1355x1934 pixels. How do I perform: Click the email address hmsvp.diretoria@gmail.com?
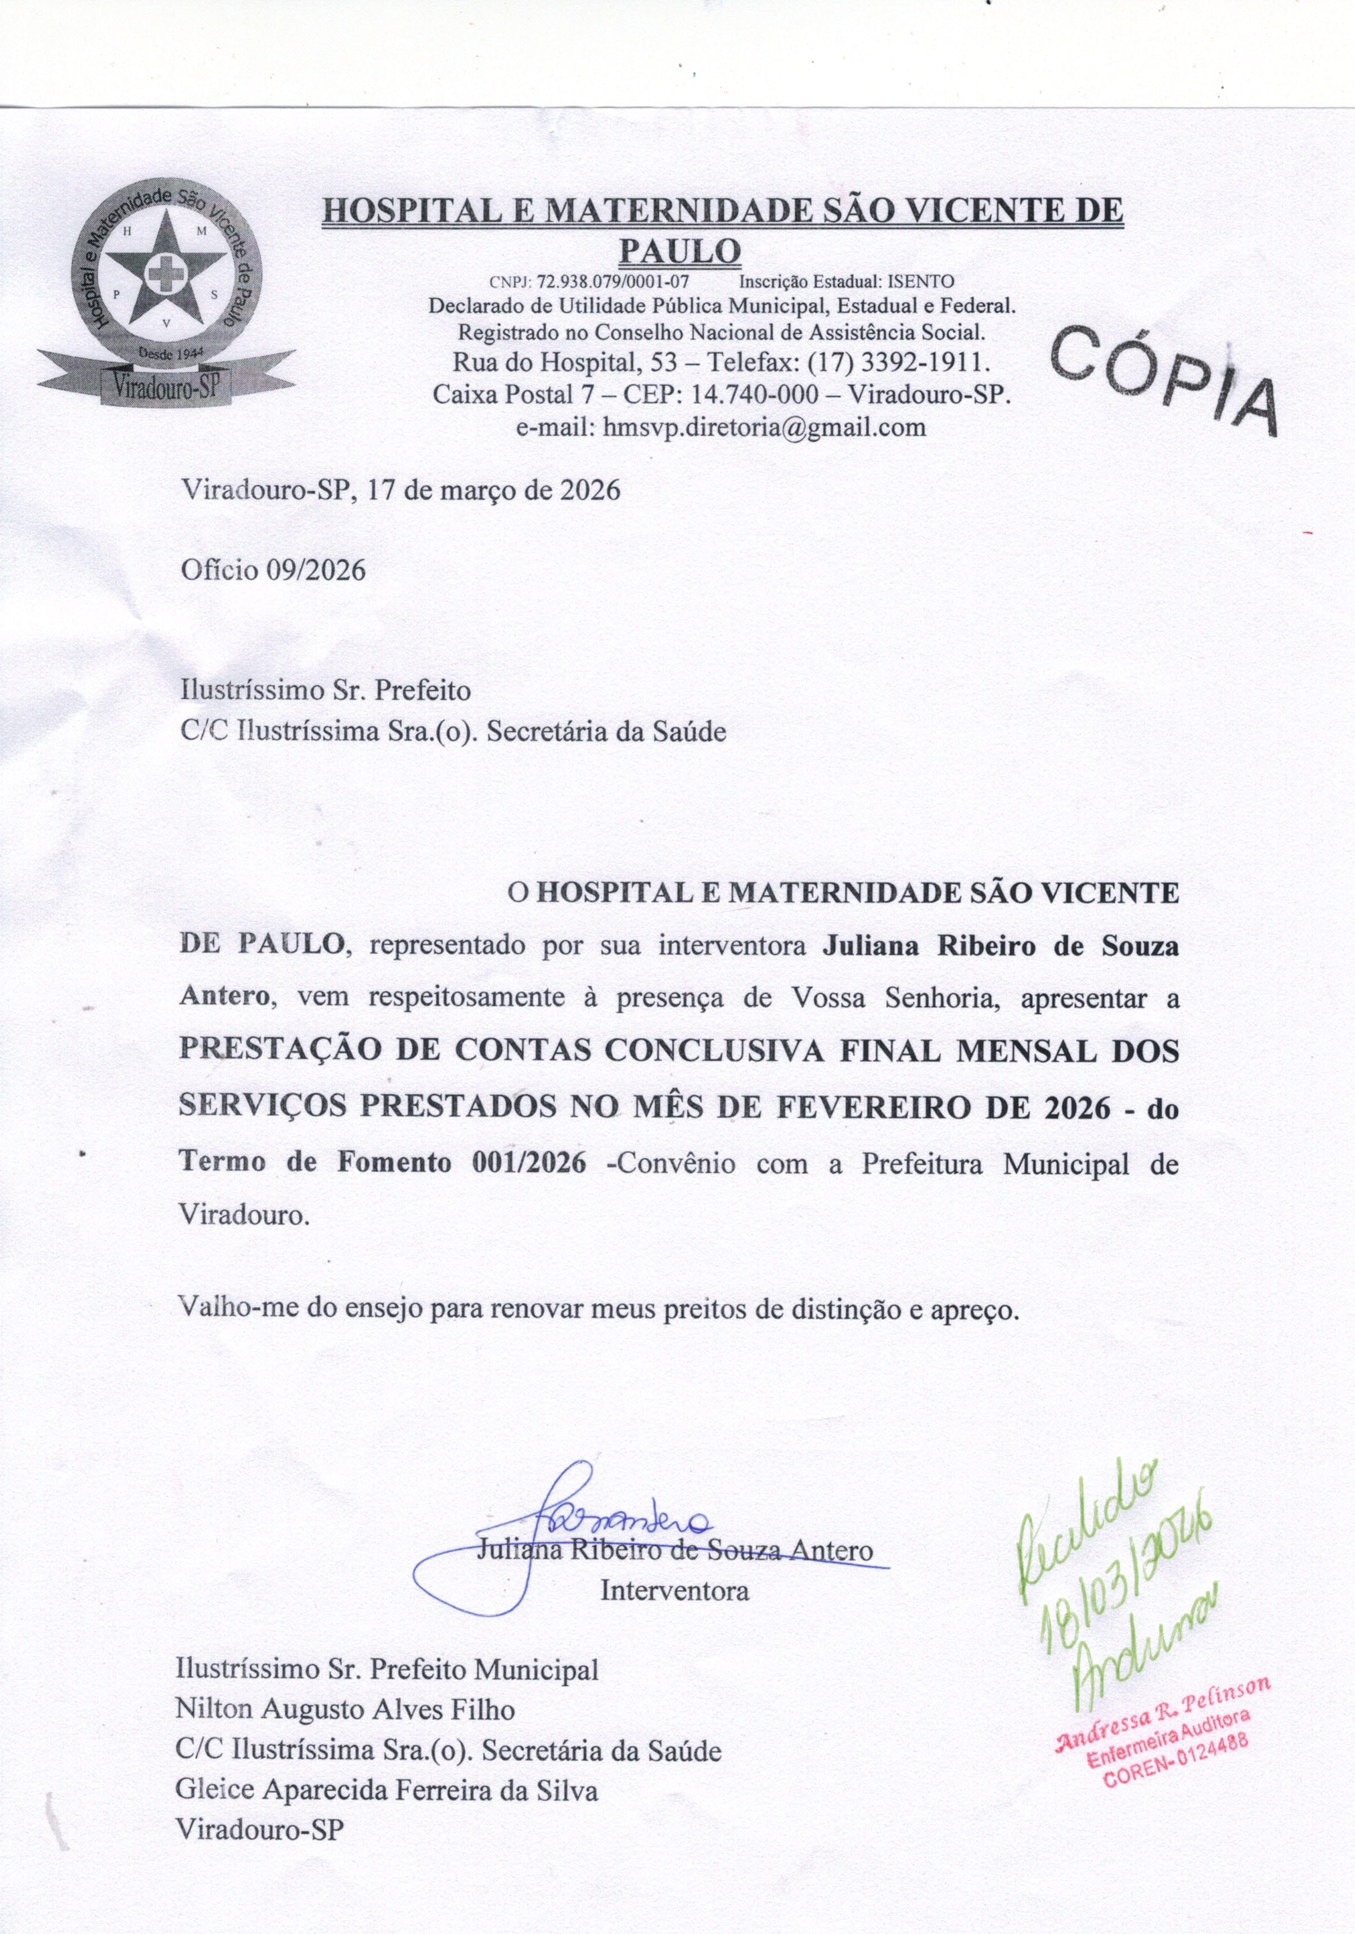coord(764,427)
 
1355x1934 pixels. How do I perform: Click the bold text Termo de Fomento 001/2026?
coord(383,1163)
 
